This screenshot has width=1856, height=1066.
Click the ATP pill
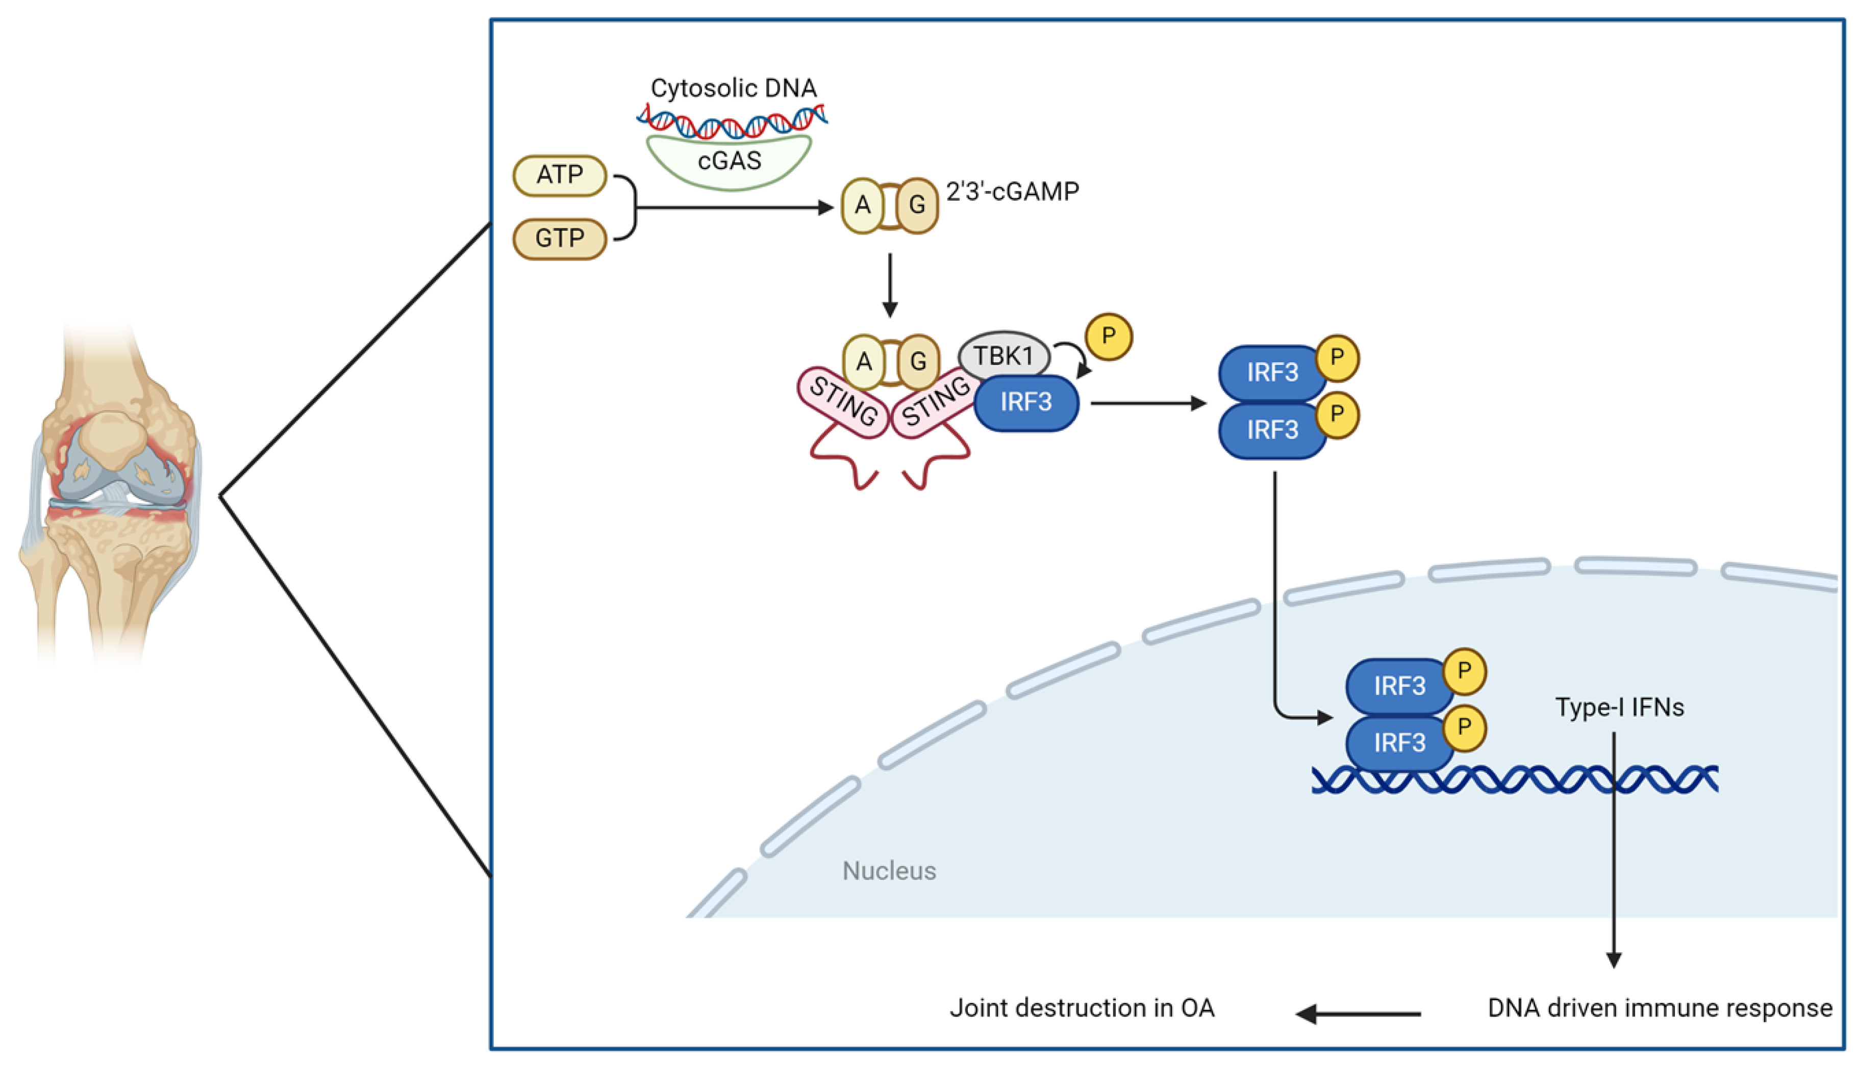(x=560, y=175)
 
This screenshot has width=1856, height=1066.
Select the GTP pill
(x=560, y=239)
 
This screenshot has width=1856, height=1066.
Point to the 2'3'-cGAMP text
(x=1012, y=192)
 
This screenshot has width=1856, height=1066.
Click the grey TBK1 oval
(x=1004, y=356)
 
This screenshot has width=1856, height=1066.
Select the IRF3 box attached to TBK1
(x=1025, y=403)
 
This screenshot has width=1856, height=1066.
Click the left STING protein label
(x=843, y=402)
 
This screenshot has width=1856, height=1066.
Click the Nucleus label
(x=888, y=871)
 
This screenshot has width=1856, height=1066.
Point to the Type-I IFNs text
(x=1619, y=707)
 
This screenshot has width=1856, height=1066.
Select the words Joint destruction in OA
(x=1082, y=1008)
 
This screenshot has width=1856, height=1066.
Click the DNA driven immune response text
(x=1660, y=1008)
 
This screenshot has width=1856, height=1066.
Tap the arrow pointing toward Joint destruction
(x=1358, y=1014)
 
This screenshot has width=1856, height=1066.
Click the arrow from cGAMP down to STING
(x=890, y=285)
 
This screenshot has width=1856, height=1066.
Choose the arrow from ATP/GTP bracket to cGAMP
(x=733, y=208)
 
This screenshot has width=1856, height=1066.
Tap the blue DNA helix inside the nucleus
(x=1514, y=779)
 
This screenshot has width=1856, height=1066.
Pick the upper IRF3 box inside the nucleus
(x=1399, y=686)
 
